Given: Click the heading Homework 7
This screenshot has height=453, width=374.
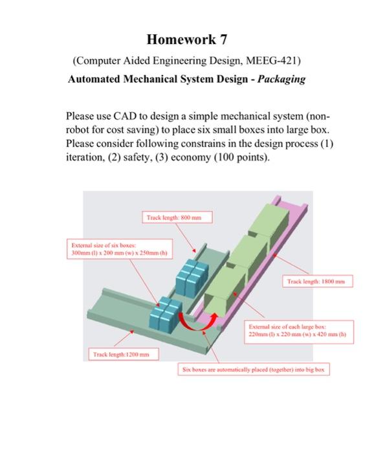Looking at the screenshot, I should point(187,40).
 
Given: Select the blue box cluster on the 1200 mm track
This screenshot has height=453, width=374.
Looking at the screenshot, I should point(166,313).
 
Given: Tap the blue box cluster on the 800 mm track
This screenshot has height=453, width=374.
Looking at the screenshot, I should point(192,276).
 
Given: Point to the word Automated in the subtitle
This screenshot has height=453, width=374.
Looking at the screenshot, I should point(94,80).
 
